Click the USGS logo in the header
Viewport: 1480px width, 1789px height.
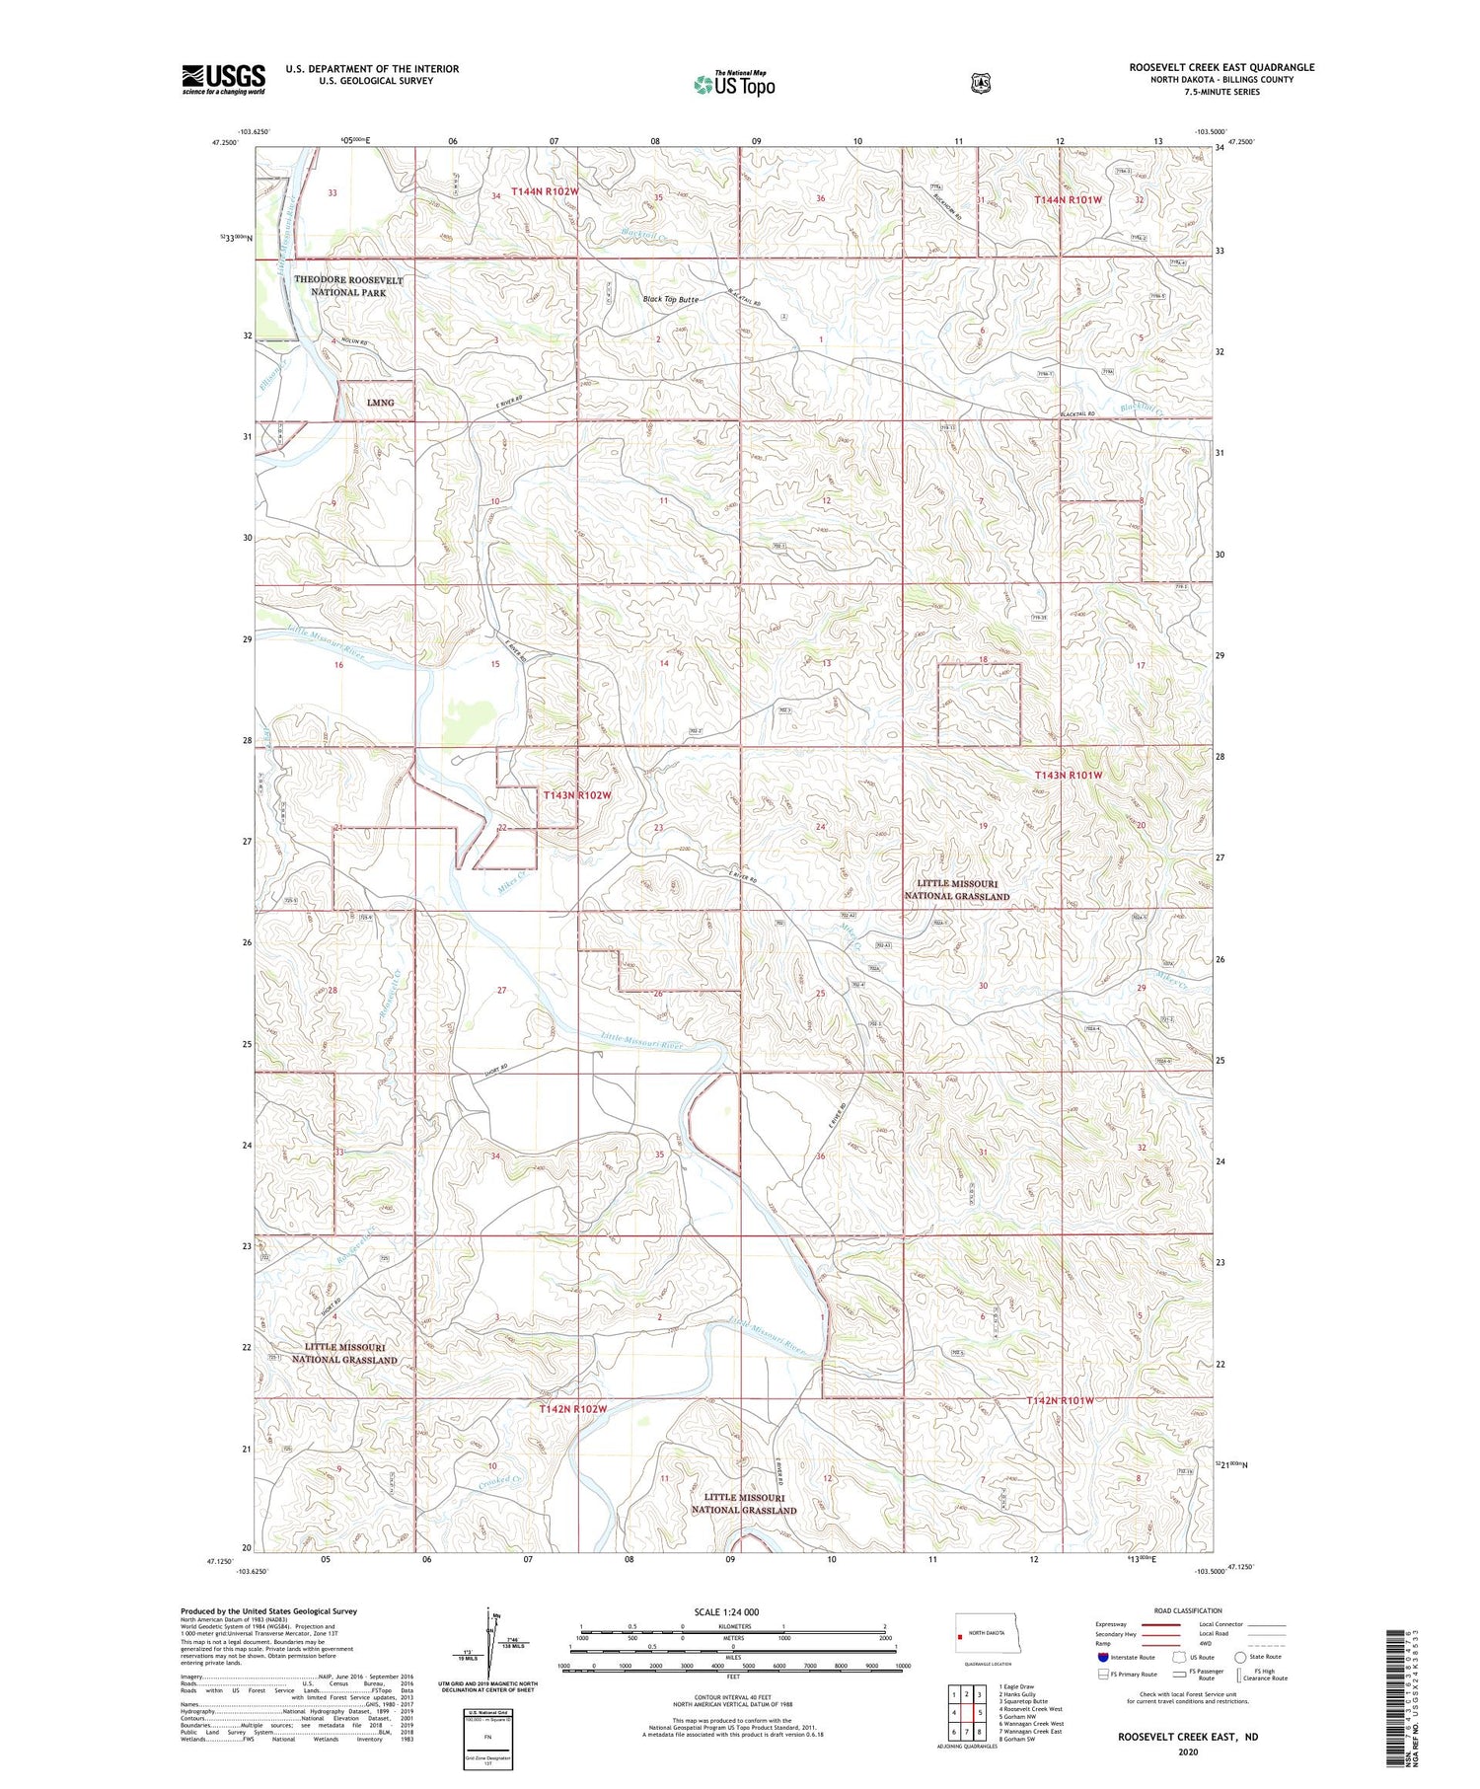223,79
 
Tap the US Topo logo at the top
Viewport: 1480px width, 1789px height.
734,84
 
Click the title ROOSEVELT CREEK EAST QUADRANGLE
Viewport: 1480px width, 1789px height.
1221,67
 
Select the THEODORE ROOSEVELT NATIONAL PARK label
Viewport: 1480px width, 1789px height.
348,286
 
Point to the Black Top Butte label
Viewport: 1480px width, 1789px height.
670,299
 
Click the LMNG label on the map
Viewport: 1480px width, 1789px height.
380,403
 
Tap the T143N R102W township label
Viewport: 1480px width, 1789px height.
577,795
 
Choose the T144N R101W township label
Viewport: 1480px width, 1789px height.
1068,200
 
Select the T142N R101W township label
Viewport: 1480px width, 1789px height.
1061,1401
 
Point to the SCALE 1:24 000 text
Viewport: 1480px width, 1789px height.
726,1612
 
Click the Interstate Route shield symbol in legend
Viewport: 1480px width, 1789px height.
1103,1657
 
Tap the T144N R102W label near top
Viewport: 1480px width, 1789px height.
545,191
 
